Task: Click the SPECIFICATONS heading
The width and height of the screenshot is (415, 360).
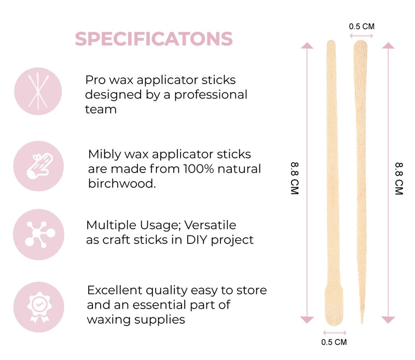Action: click(x=154, y=39)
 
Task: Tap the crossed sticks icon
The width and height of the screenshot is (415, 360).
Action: click(x=38, y=91)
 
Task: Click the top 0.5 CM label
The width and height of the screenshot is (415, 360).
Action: click(x=362, y=25)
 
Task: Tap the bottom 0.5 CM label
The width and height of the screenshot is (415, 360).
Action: click(x=334, y=342)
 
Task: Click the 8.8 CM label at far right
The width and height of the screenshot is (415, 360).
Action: click(x=398, y=179)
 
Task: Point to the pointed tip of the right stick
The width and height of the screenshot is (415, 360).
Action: click(x=362, y=320)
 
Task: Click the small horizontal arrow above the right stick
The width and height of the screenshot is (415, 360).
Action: click(x=362, y=35)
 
